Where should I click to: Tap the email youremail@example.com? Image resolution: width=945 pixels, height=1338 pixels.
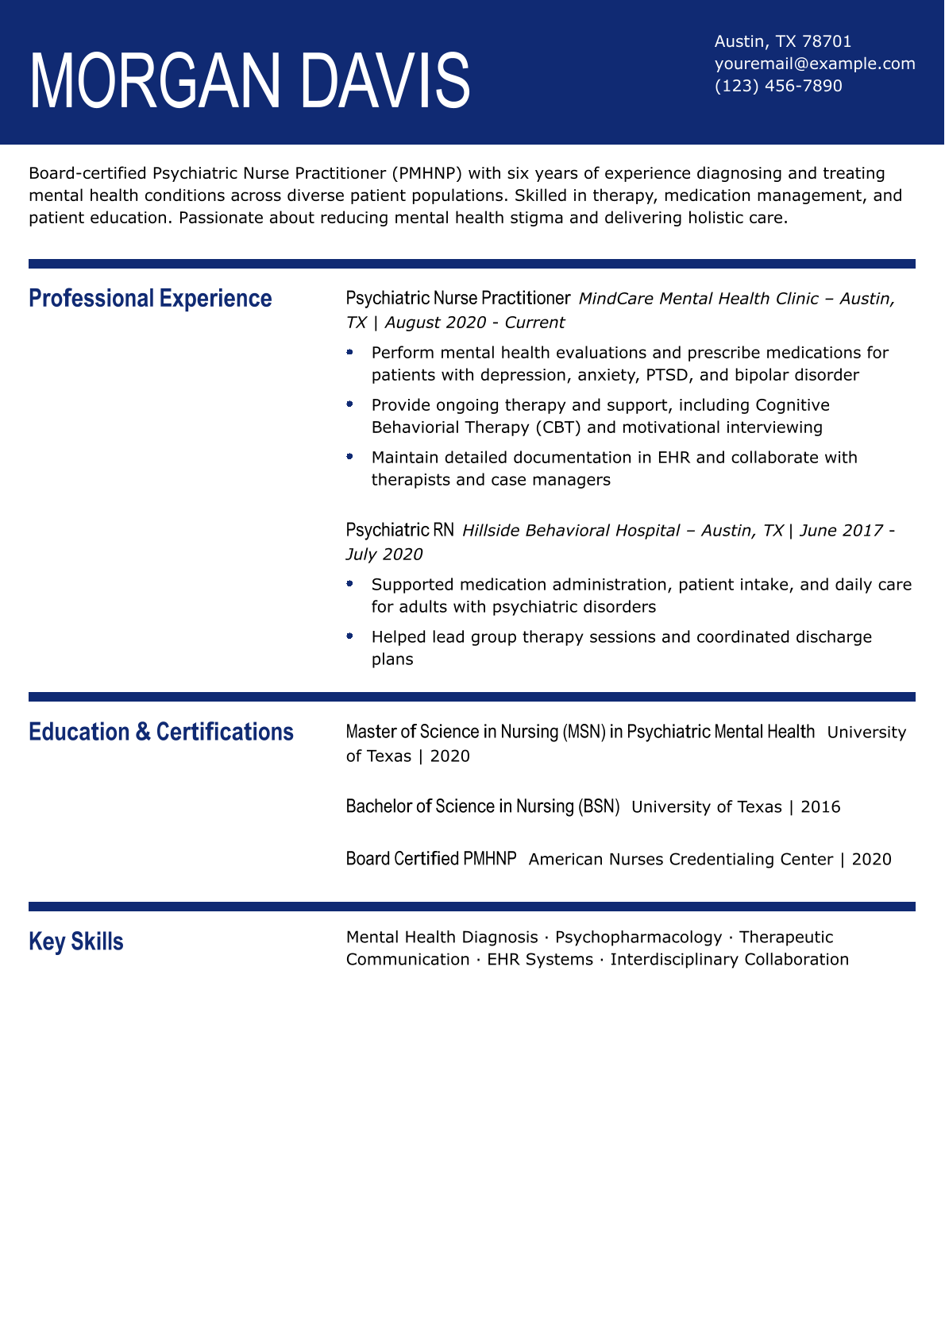click(815, 64)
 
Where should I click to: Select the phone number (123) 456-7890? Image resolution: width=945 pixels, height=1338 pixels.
click(778, 86)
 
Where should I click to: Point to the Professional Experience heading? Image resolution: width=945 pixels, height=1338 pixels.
click(150, 299)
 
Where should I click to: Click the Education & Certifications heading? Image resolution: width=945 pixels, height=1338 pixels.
click(161, 732)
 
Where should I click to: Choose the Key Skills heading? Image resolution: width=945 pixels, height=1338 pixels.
click(76, 942)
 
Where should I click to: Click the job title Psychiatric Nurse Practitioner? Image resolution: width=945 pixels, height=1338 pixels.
click(458, 298)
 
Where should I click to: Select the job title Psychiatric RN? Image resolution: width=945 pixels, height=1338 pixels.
click(400, 530)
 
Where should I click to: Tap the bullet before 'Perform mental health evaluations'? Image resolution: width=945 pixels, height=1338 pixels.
click(349, 351)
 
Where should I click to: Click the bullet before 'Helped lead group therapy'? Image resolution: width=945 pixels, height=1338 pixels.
click(349, 636)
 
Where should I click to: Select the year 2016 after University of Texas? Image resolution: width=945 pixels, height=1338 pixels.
click(820, 807)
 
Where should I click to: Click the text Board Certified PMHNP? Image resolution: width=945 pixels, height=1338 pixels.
click(431, 859)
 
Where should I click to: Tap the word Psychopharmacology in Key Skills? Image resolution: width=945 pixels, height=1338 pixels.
click(638, 938)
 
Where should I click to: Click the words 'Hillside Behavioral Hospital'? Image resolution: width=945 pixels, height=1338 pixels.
click(571, 531)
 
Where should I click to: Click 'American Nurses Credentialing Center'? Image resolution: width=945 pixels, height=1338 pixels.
click(681, 860)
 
